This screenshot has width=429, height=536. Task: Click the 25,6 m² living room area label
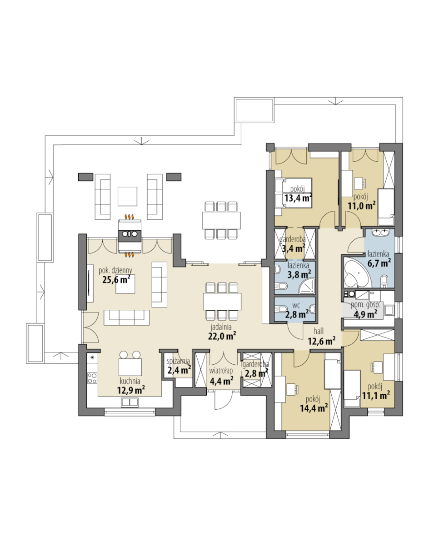coord(116,280)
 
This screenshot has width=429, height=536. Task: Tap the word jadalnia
coord(221,327)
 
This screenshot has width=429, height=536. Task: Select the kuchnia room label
coord(130,381)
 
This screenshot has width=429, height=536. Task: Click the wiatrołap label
coord(222,371)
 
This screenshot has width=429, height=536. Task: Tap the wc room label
coord(296,306)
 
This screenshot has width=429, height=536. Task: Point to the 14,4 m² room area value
coord(314,408)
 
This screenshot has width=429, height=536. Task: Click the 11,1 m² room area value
coord(376,395)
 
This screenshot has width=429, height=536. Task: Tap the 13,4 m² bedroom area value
coord(298,198)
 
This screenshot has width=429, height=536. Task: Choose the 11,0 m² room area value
coord(362,206)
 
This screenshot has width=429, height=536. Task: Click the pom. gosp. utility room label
coord(365,305)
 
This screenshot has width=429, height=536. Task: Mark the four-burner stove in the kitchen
coord(92,377)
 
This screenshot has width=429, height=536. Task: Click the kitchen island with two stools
coord(130,367)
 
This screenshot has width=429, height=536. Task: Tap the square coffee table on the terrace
coord(127,196)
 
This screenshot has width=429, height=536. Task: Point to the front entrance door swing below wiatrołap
coord(221,400)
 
